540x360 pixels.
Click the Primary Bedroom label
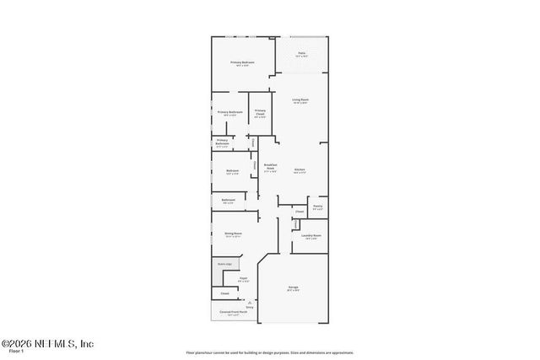[243, 62]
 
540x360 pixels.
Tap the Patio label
[301, 54]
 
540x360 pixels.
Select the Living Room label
[300, 101]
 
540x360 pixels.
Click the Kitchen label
[299, 170]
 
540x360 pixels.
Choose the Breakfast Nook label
[271, 167]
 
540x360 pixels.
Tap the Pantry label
[317, 207]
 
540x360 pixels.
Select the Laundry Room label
[311, 236]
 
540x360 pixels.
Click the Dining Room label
[233, 234]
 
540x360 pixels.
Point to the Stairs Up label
[224, 264]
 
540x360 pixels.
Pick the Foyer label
[243, 278]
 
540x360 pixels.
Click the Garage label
[292, 288]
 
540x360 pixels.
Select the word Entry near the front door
[250, 307]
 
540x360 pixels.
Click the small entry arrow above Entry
[250, 302]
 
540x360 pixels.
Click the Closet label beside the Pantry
[300, 211]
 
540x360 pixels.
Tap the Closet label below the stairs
[224, 293]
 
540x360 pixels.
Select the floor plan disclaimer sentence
[270, 352]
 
